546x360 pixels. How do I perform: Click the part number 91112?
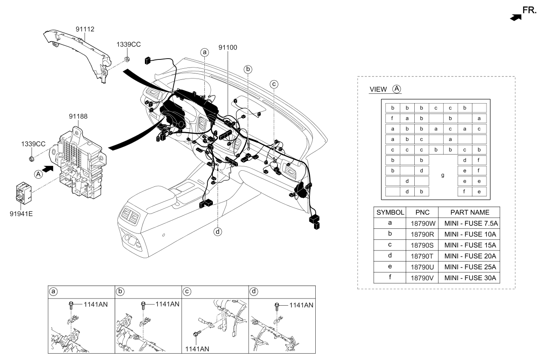(85, 30)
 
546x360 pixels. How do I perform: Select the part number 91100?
(227, 48)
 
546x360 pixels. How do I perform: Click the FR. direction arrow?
(515, 17)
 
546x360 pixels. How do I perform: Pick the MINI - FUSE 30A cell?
(470, 278)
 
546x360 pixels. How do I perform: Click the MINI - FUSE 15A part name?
(470, 245)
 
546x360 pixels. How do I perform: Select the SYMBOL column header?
(390, 212)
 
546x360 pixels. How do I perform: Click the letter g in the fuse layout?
(443, 175)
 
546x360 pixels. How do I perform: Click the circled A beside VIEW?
(396, 89)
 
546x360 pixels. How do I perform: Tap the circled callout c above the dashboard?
(274, 84)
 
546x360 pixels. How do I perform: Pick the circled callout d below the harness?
(218, 231)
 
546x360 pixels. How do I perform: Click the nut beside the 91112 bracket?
(127, 58)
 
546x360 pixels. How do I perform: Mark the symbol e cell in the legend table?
(390, 267)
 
